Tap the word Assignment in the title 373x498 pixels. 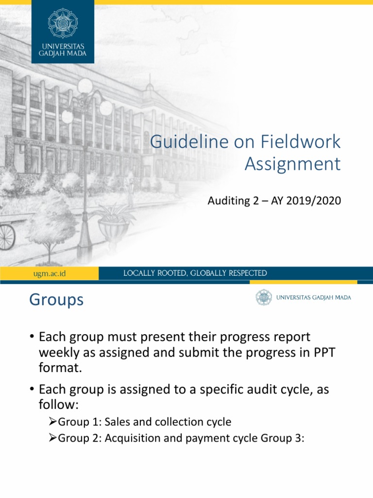coord(292,164)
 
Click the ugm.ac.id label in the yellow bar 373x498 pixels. coord(46,273)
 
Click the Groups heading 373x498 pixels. coord(56,300)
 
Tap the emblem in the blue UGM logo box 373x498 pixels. coord(63,23)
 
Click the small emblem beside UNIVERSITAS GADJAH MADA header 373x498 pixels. coord(264,297)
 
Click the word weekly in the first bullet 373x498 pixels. coord(60,352)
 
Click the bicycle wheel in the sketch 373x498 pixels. coord(6,237)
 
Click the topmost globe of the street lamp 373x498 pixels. coord(85,86)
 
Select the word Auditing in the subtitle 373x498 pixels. coord(227,200)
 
